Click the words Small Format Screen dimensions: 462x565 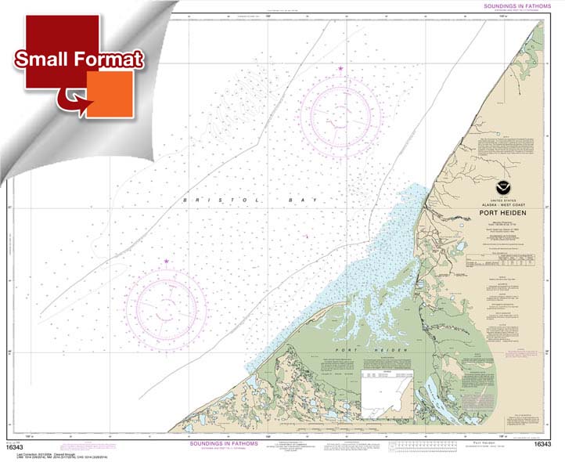click(78, 59)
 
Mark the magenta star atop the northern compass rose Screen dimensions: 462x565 click(340, 70)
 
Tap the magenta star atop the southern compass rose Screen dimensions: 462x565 click(166, 261)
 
